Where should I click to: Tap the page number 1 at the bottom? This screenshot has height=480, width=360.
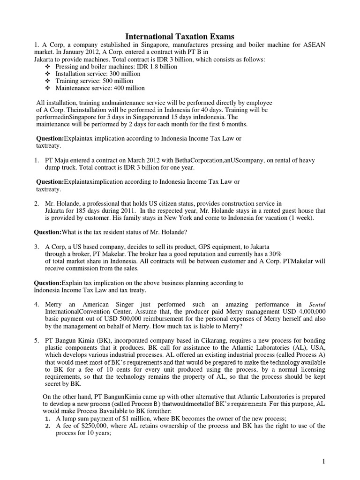pyautogui.click(x=323, y=462)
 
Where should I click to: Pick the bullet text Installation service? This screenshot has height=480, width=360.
pyautogui.click(x=78, y=74)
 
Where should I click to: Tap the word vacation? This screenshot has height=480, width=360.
pyautogui.click(x=282, y=218)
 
